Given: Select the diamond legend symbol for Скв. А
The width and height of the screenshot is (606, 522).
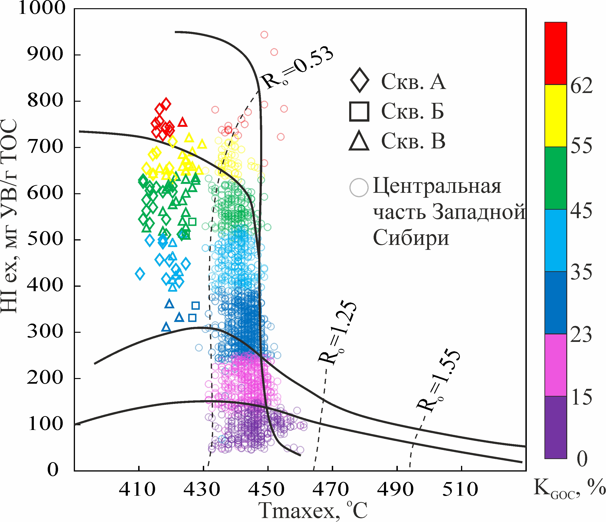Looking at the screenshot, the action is tap(360, 80).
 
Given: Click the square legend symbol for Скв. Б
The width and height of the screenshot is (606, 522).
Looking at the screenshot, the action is tap(359, 112).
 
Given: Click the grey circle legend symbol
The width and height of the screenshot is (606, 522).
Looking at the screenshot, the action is tap(359, 187).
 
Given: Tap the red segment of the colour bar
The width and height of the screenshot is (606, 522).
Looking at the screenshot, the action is tap(555, 53).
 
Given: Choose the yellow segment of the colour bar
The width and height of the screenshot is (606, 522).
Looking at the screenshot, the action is tap(555, 116).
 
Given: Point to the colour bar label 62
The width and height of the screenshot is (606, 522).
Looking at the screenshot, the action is tap(581, 86).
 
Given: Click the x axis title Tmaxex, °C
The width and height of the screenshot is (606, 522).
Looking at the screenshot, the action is tap(313, 510).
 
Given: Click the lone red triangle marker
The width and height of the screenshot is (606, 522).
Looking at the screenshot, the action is tap(183, 122).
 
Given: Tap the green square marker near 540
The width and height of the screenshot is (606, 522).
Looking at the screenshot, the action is tap(192, 222).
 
